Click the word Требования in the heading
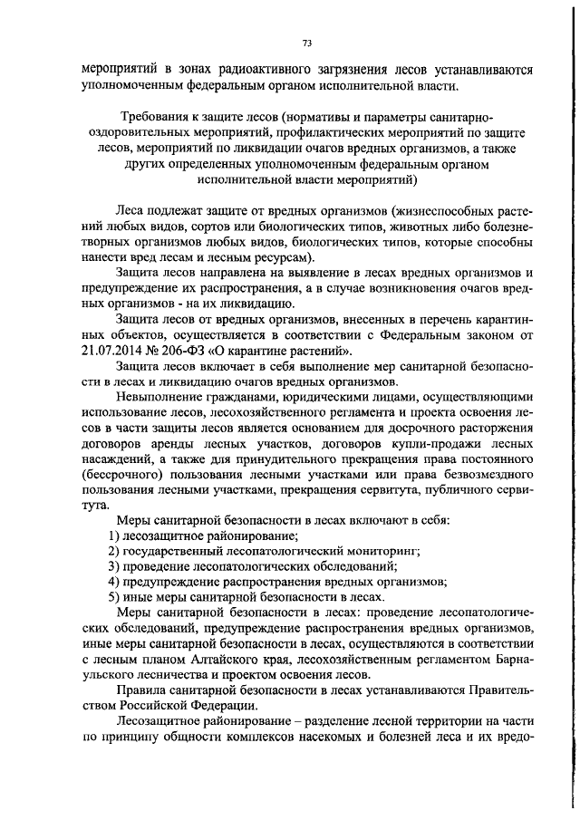[152, 119]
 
